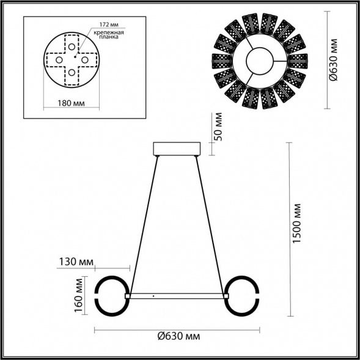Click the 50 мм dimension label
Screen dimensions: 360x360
(220, 126)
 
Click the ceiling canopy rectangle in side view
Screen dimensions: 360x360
(177, 149)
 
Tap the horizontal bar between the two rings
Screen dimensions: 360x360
(177, 296)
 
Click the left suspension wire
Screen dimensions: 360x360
(142, 226)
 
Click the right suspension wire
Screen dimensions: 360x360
(212, 226)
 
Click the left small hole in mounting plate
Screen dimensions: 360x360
(59, 60)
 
